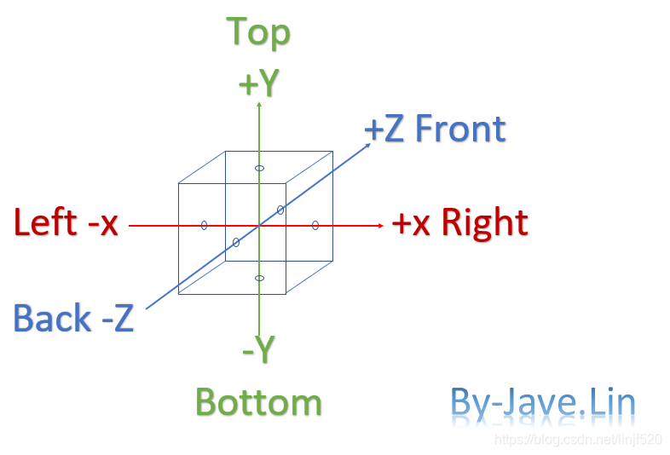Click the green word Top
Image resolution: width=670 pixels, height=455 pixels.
pyautogui.click(x=258, y=32)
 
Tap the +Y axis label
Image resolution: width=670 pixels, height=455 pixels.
pyautogui.click(x=258, y=84)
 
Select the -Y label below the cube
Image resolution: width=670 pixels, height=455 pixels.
pyautogui.click(x=258, y=349)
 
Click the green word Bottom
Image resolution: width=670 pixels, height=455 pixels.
pyautogui.click(x=258, y=402)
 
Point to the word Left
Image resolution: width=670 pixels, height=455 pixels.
pyautogui.click(x=45, y=223)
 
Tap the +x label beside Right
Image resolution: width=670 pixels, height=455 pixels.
pyautogui.click(x=412, y=223)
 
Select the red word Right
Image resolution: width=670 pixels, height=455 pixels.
pyautogui.click(x=484, y=223)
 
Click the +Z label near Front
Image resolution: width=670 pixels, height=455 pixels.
pyautogui.click(x=384, y=130)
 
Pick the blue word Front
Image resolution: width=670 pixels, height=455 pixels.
pyautogui.click(x=460, y=130)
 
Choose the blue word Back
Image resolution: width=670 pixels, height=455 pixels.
pyautogui.click(x=52, y=319)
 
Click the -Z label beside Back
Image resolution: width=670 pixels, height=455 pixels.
pyautogui.click(x=118, y=319)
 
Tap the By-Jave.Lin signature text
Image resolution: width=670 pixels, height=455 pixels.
pyautogui.click(x=543, y=403)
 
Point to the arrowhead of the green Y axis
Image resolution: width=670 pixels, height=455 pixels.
pyautogui.click(x=258, y=104)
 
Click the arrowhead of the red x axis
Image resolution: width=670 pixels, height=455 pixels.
pyautogui.click(x=379, y=226)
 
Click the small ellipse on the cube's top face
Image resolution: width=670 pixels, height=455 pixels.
pyautogui.click(x=260, y=168)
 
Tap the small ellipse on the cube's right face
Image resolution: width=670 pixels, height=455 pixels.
pyautogui.click(x=315, y=225)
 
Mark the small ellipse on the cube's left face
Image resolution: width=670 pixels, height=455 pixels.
pyautogui.click(x=204, y=225)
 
